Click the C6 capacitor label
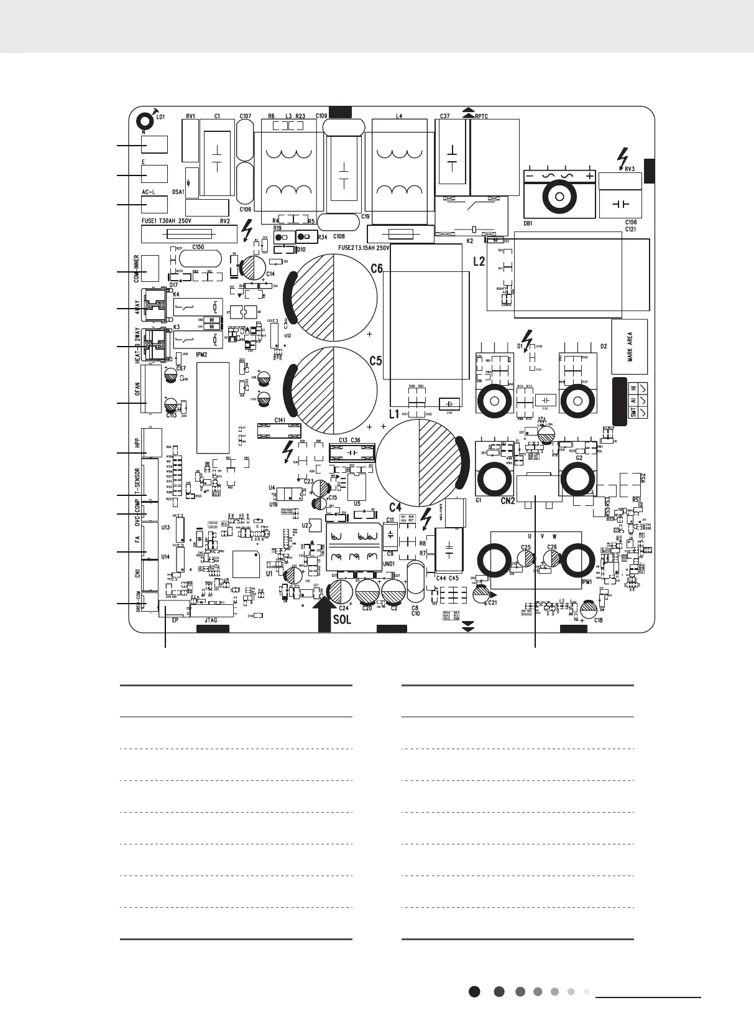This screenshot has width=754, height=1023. click(377, 269)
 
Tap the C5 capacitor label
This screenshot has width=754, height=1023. click(375, 360)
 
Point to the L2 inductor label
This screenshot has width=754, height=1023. click(478, 261)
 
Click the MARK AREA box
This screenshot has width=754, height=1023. click(630, 347)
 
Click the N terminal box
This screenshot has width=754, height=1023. click(154, 144)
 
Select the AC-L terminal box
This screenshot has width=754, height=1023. click(154, 205)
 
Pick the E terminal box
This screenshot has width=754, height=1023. click(154, 174)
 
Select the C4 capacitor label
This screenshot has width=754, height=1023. click(396, 507)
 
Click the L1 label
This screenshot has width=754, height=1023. click(393, 414)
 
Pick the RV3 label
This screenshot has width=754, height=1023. click(629, 168)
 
